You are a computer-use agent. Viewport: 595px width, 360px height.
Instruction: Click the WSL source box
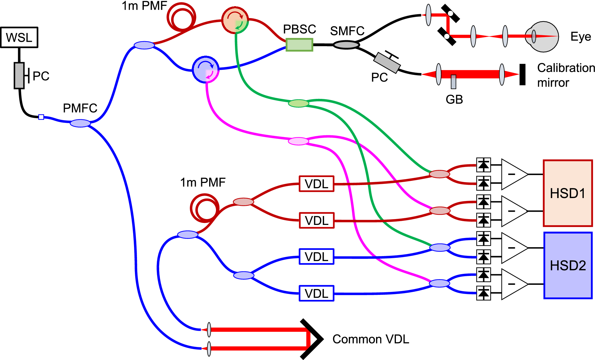pyautogui.click(x=19, y=37)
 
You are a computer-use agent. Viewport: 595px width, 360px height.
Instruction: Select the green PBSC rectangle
pyautogui.click(x=299, y=45)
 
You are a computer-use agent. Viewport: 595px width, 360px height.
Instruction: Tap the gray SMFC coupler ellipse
pyautogui.click(x=346, y=45)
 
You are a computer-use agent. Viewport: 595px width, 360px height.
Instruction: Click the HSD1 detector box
pyautogui.click(x=568, y=193)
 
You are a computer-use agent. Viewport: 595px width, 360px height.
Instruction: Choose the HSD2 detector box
pyautogui.click(x=568, y=265)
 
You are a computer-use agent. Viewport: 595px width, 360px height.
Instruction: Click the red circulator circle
pyautogui.click(x=235, y=20)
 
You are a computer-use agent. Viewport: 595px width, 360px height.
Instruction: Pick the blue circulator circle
pyautogui.click(x=205, y=69)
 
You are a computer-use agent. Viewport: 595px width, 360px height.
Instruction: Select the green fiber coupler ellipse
pyautogui.click(x=299, y=103)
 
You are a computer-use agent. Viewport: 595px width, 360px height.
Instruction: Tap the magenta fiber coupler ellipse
pyautogui.click(x=299, y=141)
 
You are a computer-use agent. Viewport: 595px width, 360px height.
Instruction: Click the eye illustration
pyautogui.click(x=543, y=37)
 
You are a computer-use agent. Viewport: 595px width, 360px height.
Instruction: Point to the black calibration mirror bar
pyautogui.click(x=523, y=75)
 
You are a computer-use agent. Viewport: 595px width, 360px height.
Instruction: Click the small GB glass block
pyautogui.click(x=453, y=82)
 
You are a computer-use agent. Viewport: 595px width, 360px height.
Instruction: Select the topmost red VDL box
pyautogui.click(x=317, y=184)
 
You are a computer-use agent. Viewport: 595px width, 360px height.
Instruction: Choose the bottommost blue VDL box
pyautogui.click(x=317, y=293)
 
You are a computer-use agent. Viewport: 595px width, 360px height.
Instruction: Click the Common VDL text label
pyautogui.click(x=371, y=339)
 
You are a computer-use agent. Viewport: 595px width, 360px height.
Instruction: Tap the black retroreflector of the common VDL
pyautogui.click(x=314, y=339)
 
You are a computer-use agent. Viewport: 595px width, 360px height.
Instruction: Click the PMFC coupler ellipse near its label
pyautogui.click(x=80, y=123)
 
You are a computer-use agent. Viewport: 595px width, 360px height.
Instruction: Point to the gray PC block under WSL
pyautogui.click(x=19, y=75)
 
